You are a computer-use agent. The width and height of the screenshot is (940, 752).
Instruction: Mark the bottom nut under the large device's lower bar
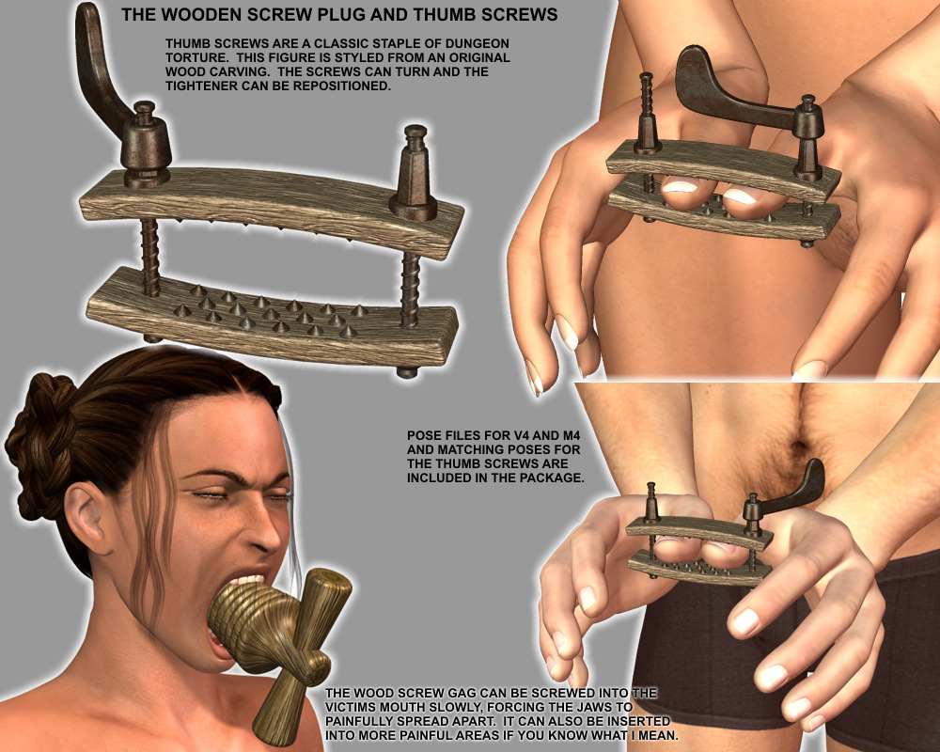[408, 372]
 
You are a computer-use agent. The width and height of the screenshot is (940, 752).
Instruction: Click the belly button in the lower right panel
[799, 446]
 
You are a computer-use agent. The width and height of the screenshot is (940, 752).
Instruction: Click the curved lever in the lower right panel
[794, 489]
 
